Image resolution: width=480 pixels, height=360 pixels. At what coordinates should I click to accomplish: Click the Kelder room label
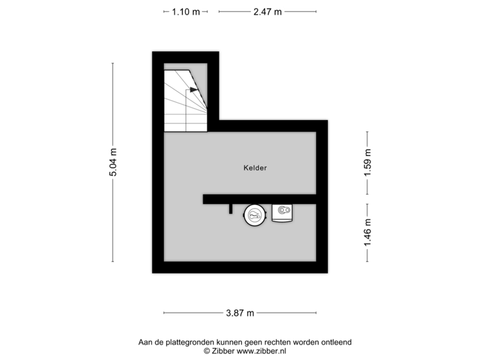[x=255, y=169]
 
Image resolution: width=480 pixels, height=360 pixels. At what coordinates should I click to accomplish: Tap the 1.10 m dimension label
[x=185, y=11]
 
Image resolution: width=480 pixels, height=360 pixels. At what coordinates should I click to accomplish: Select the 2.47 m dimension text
[x=267, y=11]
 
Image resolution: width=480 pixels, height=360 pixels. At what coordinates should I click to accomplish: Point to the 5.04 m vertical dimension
[x=113, y=162]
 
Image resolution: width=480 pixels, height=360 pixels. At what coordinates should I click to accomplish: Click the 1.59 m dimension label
[x=367, y=163]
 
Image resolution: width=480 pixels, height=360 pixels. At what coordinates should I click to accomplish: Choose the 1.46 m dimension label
[x=367, y=233]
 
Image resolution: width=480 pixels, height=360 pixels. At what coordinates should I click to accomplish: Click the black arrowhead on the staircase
[x=193, y=89]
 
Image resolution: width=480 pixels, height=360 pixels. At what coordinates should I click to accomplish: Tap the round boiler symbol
[x=254, y=214]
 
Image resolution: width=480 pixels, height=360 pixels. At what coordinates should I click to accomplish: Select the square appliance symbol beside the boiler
[x=283, y=213]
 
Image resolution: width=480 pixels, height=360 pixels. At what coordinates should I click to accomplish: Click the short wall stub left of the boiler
[x=231, y=209]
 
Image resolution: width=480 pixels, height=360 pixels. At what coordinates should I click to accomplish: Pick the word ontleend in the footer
[x=337, y=342]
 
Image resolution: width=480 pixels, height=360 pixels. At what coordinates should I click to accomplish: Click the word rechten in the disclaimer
[x=271, y=342]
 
